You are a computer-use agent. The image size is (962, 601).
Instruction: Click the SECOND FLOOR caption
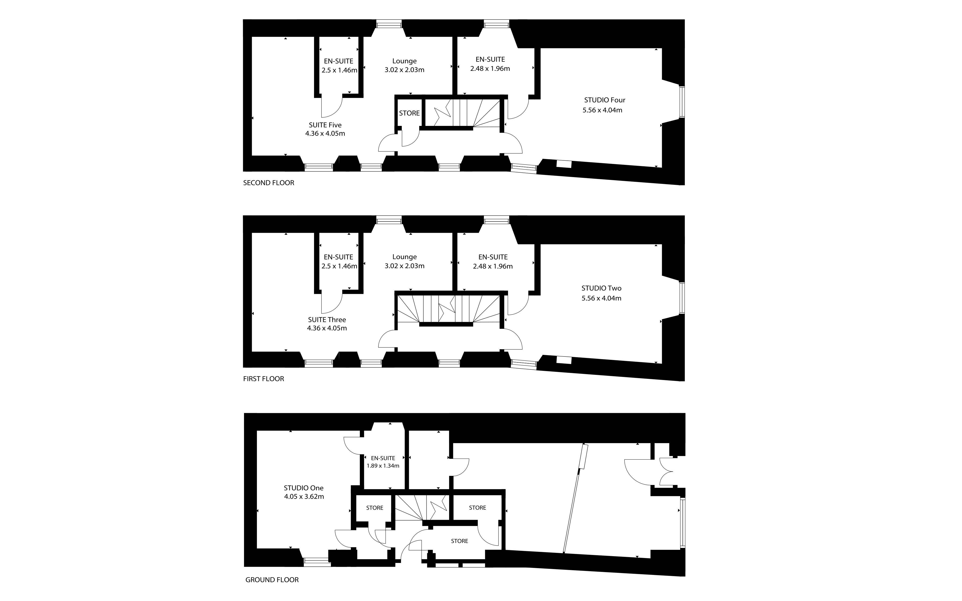(269, 183)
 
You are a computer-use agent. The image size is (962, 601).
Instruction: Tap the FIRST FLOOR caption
(264, 379)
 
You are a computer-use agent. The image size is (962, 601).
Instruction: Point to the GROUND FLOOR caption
(272, 580)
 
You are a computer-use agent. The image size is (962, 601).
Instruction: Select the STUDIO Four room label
(605, 100)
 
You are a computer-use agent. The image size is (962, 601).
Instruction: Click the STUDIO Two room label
(601, 288)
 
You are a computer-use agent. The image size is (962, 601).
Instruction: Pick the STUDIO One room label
(304, 488)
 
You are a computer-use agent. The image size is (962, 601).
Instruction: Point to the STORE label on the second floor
(409, 113)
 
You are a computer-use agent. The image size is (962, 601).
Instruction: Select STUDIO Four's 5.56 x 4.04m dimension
(603, 110)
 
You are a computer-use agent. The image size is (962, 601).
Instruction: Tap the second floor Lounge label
(405, 61)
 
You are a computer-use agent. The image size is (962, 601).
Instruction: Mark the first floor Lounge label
(405, 257)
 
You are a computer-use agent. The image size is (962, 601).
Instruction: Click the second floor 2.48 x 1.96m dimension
(490, 68)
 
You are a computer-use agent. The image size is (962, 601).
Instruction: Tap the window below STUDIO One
(317, 562)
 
